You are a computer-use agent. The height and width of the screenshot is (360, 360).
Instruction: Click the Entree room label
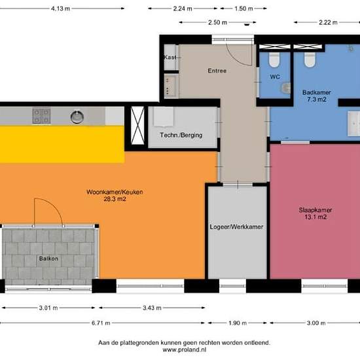pos(217,71)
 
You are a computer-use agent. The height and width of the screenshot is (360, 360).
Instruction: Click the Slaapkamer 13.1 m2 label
pos(312,213)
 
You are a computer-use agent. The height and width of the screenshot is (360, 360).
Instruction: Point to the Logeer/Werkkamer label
pos(236,226)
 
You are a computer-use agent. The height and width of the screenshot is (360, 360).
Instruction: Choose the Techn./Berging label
pos(181,135)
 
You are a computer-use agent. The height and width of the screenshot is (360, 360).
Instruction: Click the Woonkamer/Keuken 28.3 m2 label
pos(115,195)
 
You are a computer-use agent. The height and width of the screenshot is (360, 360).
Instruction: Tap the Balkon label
pos(49,259)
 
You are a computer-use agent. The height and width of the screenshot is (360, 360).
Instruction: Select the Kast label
pos(169,58)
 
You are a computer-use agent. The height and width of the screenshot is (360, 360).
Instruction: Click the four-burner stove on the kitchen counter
pos(41,117)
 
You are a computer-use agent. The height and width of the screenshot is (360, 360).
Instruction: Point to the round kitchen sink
pos(77,117)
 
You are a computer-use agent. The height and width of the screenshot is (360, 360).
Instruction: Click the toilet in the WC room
pos(275,61)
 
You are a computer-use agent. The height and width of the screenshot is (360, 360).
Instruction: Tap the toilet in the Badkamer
pos(310,61)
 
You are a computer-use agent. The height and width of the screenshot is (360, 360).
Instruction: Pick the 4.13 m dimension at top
pos(61,9)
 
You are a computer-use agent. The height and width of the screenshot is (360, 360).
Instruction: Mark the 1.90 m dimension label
pos(237,323)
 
